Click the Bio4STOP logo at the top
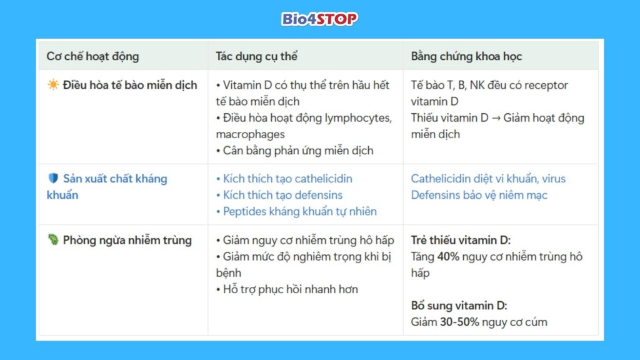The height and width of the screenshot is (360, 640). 319,19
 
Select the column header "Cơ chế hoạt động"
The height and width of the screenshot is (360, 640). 92,56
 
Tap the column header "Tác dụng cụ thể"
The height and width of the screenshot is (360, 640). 256,56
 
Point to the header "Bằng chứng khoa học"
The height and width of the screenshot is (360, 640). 466,56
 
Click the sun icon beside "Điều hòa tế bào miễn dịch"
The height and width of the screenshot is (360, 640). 53,85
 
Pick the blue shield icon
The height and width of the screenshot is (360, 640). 53,179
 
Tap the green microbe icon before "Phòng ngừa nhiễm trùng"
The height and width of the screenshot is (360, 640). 53,240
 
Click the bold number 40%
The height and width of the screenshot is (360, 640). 447,256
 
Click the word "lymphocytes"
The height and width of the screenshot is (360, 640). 357,118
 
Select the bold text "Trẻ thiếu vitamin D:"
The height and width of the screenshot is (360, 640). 461,240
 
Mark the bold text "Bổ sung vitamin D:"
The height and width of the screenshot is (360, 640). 459,306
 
